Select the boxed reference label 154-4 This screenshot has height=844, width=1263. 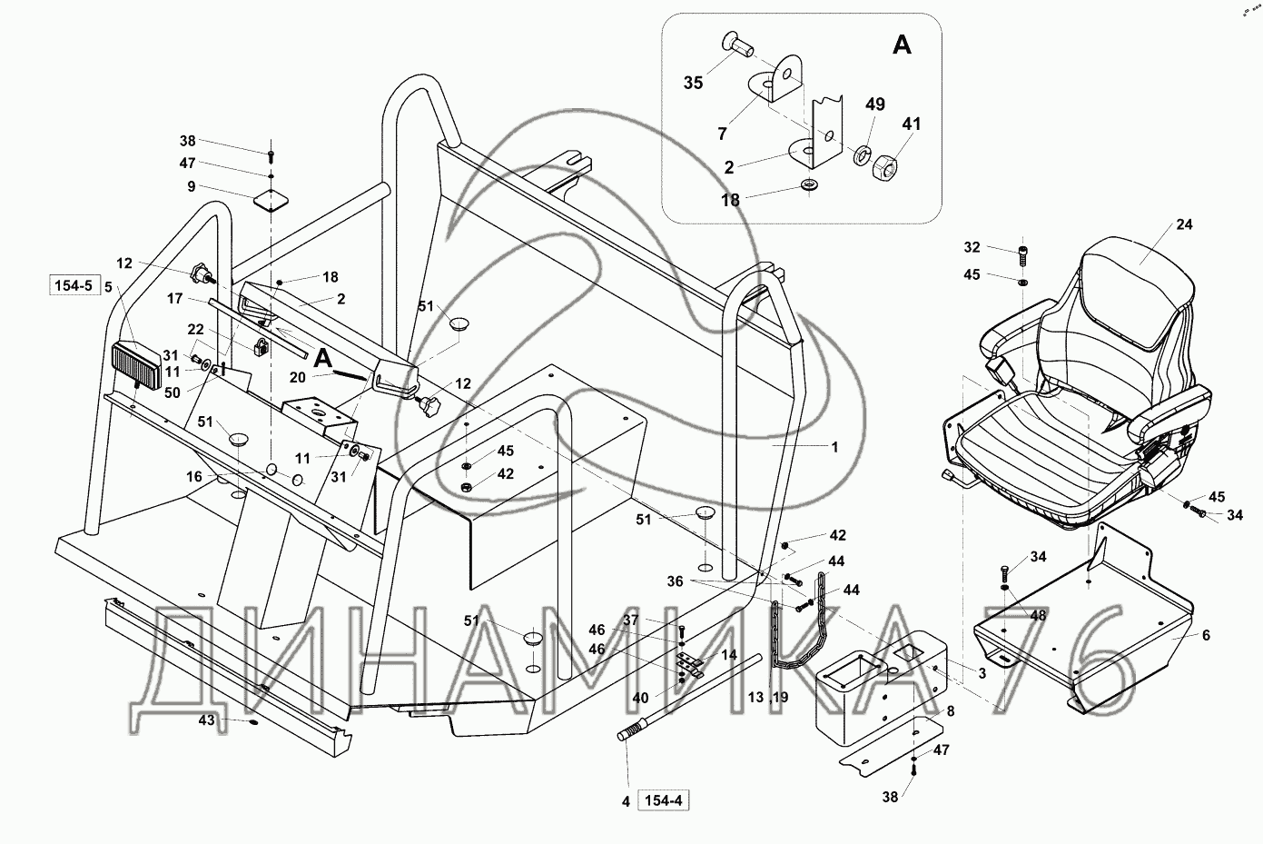[x=667, y=800]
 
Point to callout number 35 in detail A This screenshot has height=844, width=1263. [x=694, y=83]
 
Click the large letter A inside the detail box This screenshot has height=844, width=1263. [x=902, y=45]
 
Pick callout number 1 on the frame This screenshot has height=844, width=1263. [x=835, y=447]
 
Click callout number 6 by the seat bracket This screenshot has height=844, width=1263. [x=1206, y=636]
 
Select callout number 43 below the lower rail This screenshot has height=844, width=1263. [x=207, y=720]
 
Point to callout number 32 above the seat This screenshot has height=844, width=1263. [x=972, y=247]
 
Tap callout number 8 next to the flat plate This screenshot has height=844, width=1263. [x=950, y=710]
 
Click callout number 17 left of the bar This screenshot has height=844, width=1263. [x=175, y=298]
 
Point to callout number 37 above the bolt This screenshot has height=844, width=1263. [x=655, y=620]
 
